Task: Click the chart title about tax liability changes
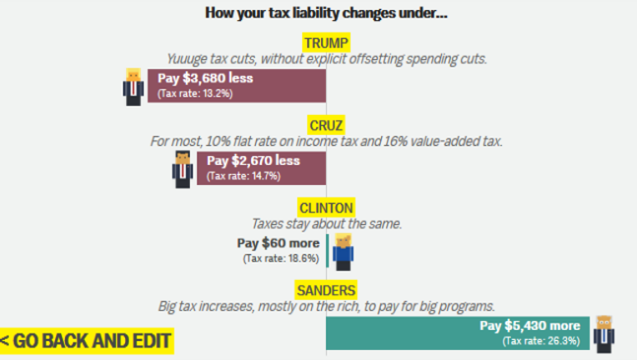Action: coord(326,12)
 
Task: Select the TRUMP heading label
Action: coord(326,42)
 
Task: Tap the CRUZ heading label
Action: coord(325,124)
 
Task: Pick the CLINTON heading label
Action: coord(325,207)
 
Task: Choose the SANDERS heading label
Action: coord(326,290)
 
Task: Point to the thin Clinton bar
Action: coord(328,250)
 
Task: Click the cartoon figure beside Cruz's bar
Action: coord(183,169)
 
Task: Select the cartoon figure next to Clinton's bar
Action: coord(343,252)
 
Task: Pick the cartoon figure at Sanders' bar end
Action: coord(604,333)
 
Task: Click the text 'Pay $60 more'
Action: coord(278,243)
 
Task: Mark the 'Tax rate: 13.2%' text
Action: coord(195,94)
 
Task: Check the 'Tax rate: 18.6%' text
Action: coord(281,258)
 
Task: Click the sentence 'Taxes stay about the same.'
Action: coord(326,223)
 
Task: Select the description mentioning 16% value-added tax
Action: coord(326,141)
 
